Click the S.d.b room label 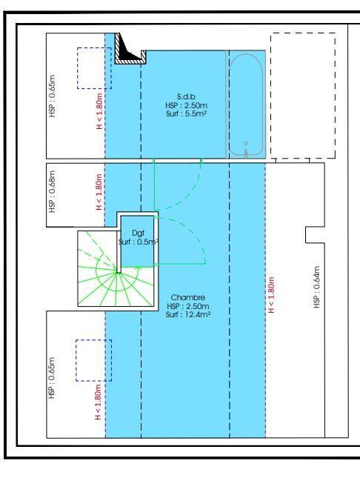pyautogui.click(x=184, y=96)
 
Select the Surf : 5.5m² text pyautogui.click(x=184, y=114)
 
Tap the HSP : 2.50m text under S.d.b pyautogui.click(x=184, y=105)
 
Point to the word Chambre pyautogui.click(x=184, y=297)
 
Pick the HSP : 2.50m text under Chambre pyautogui.click(x=184, y=306)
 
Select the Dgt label pyautogui.click(x=137, y=233)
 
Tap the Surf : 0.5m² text pyautogui.click(x=139, y=242)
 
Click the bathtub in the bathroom pyautogui.click(x=245, y=105)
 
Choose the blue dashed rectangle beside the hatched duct pyautogui.click(x=94, y=68)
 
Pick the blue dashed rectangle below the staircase pyautogui.click(x=94, y=361)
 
